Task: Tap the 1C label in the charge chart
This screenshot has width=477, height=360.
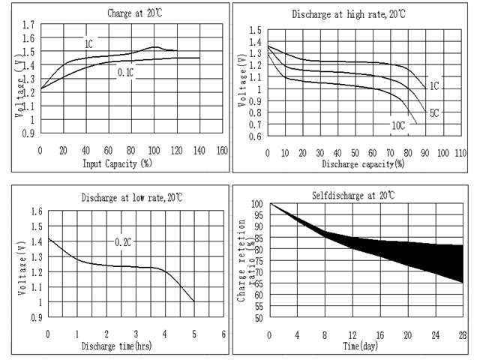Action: point(88,44)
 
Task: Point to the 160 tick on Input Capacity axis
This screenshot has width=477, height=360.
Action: point(222,150)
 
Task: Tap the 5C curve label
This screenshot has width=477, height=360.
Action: point(433,113)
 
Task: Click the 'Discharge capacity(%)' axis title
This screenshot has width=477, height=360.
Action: point(358,163)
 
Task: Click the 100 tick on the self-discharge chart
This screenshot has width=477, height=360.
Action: point(257,204)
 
